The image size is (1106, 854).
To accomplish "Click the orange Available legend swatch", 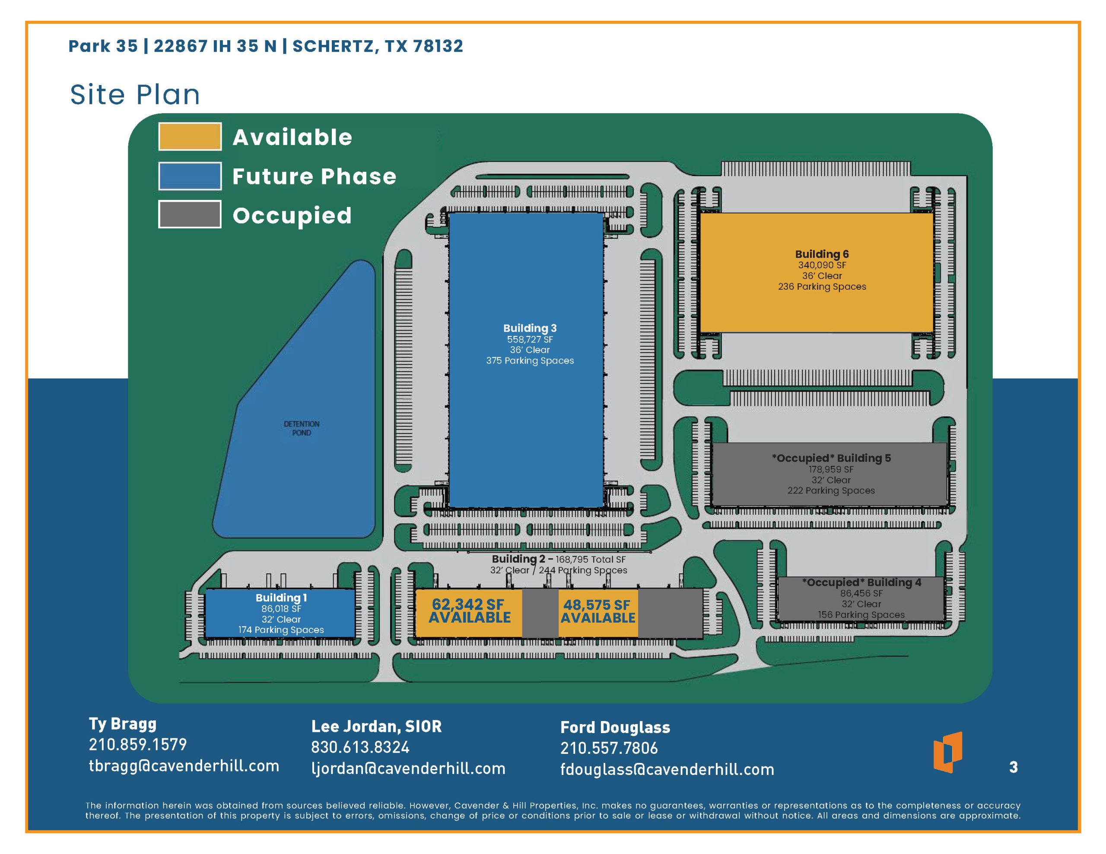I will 190,137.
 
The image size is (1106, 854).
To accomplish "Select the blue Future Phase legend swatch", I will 190,176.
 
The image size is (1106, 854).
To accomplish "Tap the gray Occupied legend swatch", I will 190,214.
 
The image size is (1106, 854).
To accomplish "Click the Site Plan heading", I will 135,95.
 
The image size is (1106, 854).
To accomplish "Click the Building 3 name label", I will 530,328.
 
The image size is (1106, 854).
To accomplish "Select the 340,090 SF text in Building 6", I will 822,265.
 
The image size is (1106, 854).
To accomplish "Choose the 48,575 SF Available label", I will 597,611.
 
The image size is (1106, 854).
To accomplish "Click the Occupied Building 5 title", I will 831,458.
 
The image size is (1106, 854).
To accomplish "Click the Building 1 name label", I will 281,598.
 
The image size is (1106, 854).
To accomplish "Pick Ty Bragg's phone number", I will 138,744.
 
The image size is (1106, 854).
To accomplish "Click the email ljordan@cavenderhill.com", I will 408,769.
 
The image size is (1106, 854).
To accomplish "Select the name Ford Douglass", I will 615,727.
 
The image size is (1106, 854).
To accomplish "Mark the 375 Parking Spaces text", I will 530,361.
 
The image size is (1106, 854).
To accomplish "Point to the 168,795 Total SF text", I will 591,560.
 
